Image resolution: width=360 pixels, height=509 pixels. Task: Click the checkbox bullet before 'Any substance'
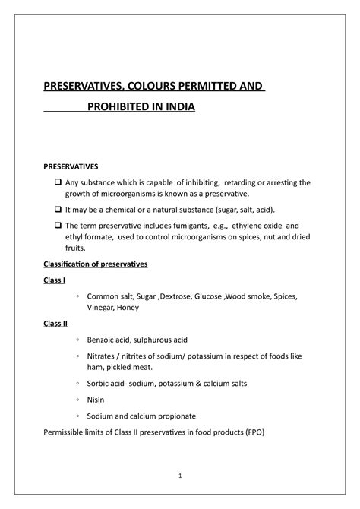(x=58, y=182)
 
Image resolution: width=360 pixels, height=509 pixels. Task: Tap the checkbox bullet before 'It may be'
(x=58, y=209)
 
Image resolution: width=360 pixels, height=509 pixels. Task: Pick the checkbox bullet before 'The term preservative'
(x=58, y=226)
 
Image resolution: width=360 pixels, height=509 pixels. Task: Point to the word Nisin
(x=99, y=400)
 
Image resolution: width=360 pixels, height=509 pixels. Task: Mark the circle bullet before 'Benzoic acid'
(x=79, y=340)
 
